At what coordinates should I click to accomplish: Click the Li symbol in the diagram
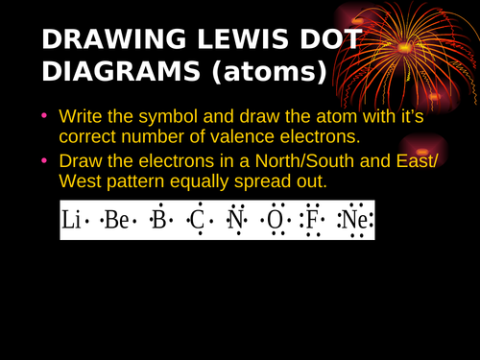[71, 222]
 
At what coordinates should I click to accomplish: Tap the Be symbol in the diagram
[115, 222]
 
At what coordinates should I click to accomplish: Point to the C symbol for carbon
[197, 222]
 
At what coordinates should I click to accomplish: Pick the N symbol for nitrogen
[235, 222]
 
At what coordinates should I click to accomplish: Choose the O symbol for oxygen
[276, 222]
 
